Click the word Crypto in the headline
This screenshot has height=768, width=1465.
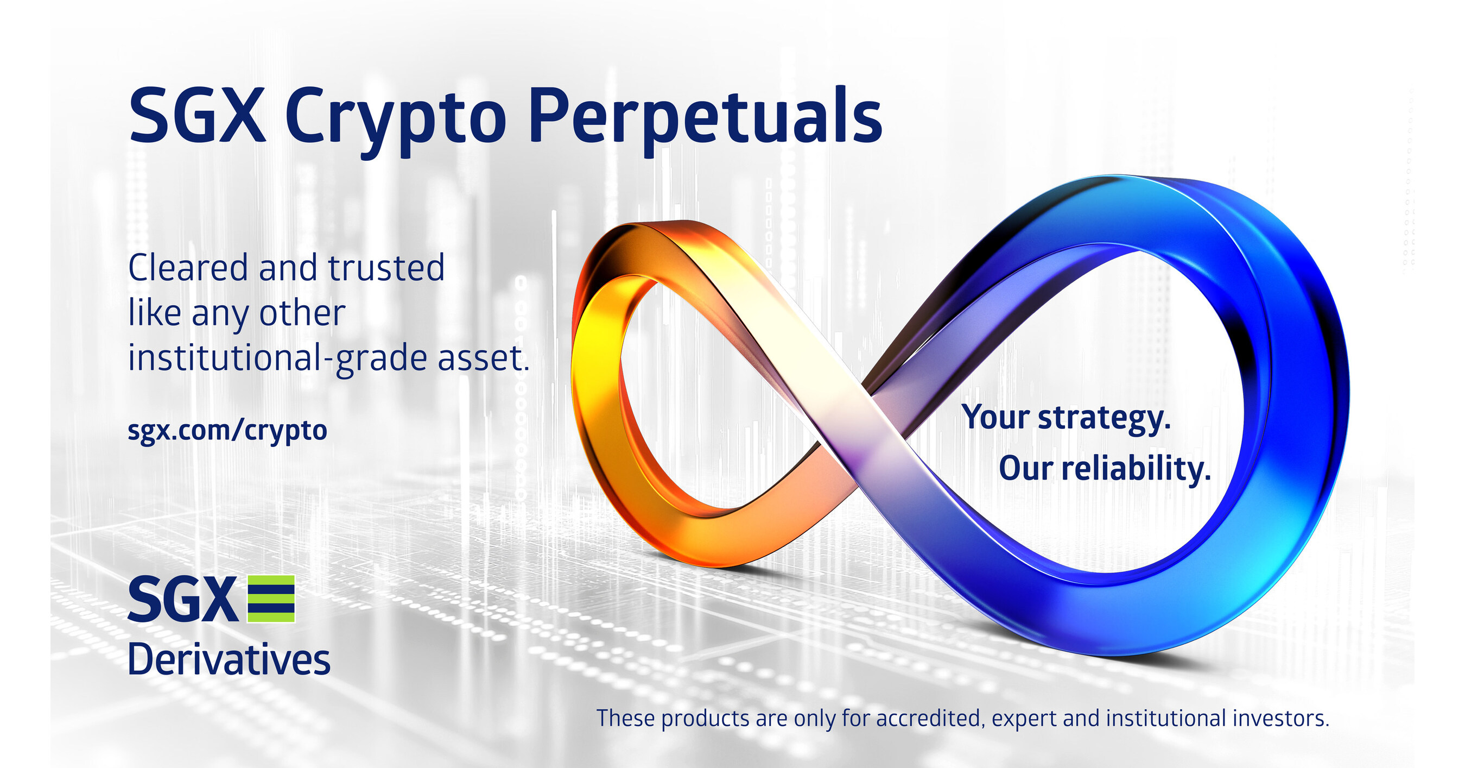pyautogui.click(x=395, y=119)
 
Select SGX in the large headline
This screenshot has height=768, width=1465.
pyautogui.click(x=198, y=117)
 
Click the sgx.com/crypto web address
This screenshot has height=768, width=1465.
pyautogui.click(x=227, y=431)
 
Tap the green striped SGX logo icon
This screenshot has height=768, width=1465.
pyautogui.click(x=271, y=599)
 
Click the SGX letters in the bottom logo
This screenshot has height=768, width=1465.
pyautogui.click(x=182, y=600)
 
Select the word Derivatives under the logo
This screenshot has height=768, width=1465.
pyautogui.click(x=229, y=660)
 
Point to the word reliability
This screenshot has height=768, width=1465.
pyautogui.click(x=1136, y=469)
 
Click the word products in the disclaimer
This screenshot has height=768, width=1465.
pyautogui.click(x=705, y=719)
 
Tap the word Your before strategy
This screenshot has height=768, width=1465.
pyautogui.click(x=996, y=418)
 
